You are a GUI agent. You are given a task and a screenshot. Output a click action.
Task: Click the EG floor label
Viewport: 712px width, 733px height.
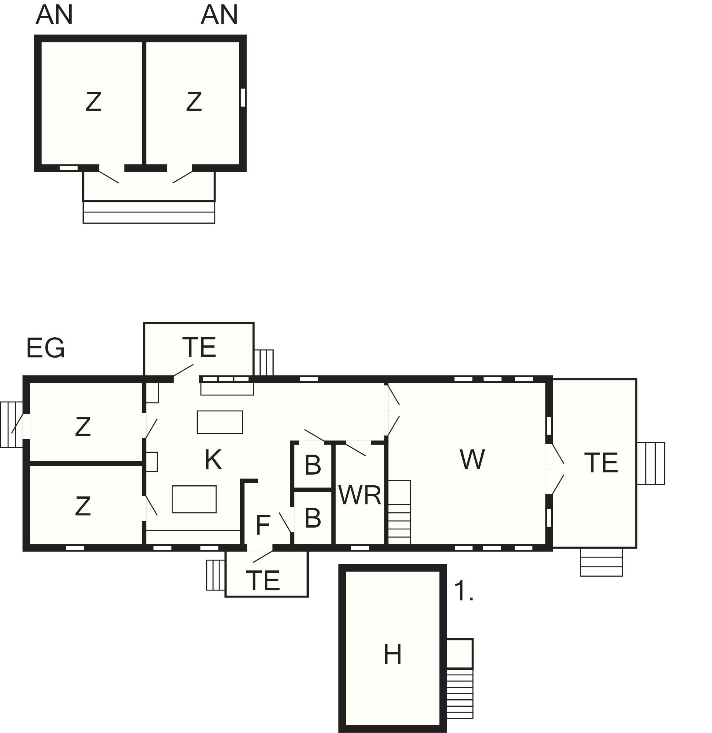tap(46, 348)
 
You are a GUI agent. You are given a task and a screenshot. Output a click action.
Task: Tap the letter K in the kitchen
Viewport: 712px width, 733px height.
tap(213, 459)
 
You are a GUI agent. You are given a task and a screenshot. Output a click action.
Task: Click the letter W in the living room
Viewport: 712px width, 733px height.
tap(472, 459)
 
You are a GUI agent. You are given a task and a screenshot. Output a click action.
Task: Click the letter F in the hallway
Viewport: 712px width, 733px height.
tap(263, 525)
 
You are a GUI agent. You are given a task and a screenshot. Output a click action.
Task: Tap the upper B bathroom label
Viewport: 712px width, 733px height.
tap(312, 465)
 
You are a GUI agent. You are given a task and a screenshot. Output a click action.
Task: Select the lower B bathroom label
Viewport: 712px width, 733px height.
tap(312, 518)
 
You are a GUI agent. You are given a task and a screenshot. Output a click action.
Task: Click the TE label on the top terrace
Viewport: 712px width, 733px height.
tap(199, 347)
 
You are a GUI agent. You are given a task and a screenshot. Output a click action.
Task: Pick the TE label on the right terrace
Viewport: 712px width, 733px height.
tap(601, 463)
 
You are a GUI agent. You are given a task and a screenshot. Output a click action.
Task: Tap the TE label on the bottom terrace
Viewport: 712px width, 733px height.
tap(263, 580)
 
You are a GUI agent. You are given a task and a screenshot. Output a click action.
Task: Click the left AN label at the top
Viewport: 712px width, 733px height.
tap(54, 14)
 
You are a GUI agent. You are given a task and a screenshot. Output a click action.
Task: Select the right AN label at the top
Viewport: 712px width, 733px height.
tap(219, 14)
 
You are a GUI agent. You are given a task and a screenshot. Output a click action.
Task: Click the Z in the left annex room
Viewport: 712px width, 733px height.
tap(93, 101)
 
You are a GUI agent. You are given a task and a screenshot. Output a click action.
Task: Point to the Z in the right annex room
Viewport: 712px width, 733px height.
tap(194, 101)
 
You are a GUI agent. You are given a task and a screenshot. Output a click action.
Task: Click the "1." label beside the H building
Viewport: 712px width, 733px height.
tap(464, 592)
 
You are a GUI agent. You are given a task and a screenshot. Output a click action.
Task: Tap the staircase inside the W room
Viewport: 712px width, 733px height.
tap(400, 512)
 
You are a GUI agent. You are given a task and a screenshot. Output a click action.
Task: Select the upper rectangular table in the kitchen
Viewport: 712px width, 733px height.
tap(220, 422)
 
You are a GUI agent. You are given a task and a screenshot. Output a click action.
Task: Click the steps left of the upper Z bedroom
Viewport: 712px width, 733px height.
tap(12, 425)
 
